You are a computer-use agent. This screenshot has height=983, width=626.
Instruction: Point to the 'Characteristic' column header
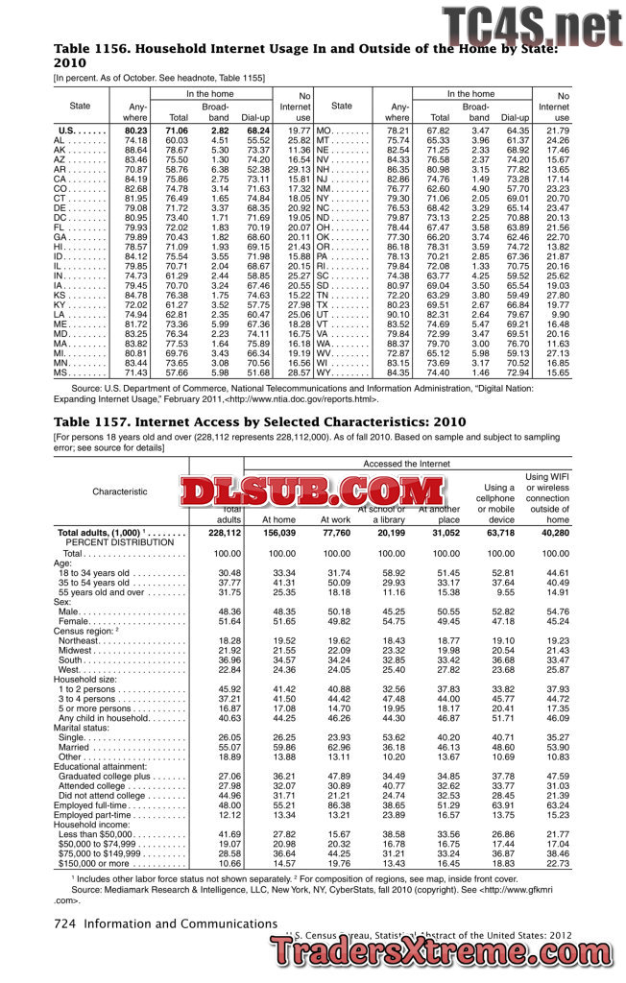point(120,491)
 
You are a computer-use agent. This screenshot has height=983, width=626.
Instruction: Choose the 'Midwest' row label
point(74,652)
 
